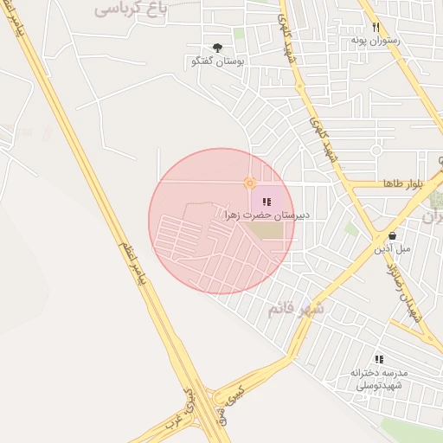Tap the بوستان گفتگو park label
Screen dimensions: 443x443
tap(217, 62)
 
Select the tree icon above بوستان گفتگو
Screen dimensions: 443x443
tap(217, 48)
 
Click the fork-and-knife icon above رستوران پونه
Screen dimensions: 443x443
tap(376, 27)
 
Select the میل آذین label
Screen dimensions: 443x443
tap(392, 248)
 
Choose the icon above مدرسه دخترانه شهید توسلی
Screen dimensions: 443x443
tap(379, 359)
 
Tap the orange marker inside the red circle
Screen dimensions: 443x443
tap(249, 183)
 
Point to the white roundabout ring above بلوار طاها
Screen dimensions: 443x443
tap(376, 150)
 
